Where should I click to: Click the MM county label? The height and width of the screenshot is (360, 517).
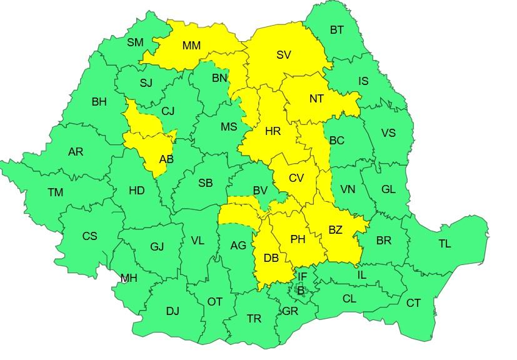pyautogui.click(x=191, y=46)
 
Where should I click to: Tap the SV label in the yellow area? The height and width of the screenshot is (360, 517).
pyautogui.click(x=283, y=55)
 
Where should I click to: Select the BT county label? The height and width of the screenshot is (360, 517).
pyautogui.click(x=336, y=29)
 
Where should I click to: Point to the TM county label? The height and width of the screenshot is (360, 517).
pyautogui.click(x=55, y=192)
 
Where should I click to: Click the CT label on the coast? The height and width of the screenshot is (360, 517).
pyautogui.click(x=413, y=303)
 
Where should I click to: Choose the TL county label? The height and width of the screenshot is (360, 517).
pyautogui.click(x=444, y=244)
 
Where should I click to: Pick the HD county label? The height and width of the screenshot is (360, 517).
pyautogui.click(x=136, y=190)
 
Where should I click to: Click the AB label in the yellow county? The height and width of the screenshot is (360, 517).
pyautogui.click(x=166, y=159)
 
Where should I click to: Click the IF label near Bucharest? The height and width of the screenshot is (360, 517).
pyautogui.click(x=302, y=277)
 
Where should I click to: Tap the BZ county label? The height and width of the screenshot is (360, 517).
pyautogui.click(x=335, y=230)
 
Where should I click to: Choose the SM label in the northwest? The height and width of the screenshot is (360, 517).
pyautogui.click(x=135, y=42)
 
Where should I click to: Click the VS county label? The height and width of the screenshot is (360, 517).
pyautogui.click(x=388, y=133)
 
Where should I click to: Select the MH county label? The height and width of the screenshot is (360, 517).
pyautogui.click(x=129, y=278)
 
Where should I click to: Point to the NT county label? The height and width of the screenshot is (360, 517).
pyautogui.click(x=316, y=97)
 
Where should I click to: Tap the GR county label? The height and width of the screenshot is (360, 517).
pyautogui.click(x=289, y=311)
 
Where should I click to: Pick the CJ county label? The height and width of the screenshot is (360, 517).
pyautogui.click(x=168, y=111)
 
